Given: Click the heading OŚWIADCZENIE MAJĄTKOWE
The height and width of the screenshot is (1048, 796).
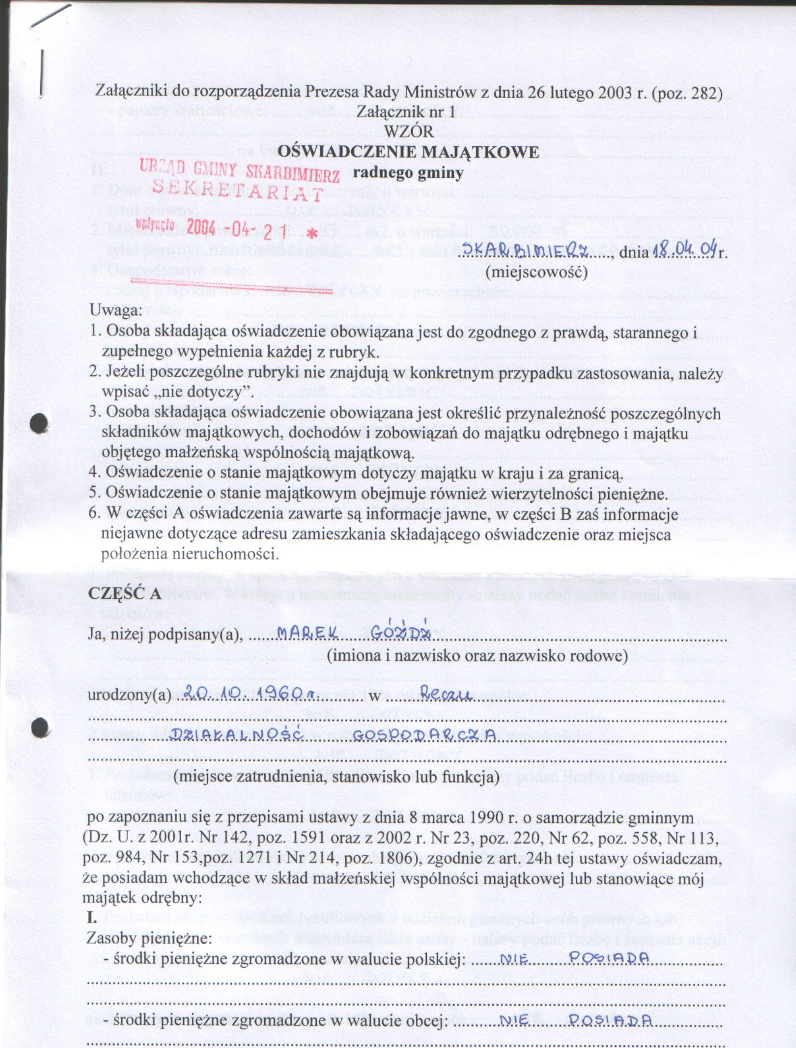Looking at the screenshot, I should tap(408, 152).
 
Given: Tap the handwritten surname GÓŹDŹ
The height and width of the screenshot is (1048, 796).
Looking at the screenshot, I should tap(400, 632).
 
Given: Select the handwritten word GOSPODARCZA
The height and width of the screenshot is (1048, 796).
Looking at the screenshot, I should tap(425, 735).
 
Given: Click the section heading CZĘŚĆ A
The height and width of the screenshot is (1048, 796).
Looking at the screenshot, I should tap(124, 594).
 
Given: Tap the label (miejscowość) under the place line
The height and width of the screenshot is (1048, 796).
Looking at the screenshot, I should tap(536, 273).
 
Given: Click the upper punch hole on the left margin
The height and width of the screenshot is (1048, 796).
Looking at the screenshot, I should tap(39, 423).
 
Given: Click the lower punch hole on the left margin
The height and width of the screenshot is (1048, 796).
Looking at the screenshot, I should tap(40, 726).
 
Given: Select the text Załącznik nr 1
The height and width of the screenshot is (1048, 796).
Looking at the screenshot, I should tap(406, 112).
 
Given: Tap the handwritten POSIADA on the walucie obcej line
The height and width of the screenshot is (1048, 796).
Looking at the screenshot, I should tap(611, 1020).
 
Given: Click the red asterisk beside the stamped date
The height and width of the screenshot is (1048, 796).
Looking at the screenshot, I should tap(313, 235).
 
